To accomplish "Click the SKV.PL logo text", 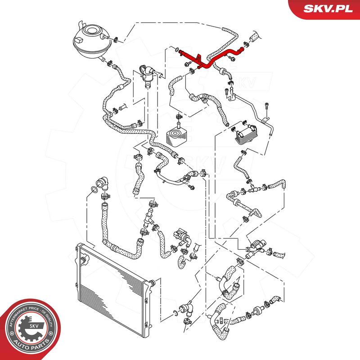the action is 328,9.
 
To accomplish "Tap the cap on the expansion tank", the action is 91,31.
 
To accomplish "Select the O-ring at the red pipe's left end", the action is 177,49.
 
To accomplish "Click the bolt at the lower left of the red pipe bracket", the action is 187,64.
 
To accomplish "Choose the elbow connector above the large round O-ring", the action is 102,183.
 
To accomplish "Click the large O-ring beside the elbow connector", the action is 94,189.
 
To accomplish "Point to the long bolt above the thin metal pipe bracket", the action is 266,109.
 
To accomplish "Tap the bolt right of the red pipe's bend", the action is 232,58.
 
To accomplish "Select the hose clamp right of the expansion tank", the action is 116,39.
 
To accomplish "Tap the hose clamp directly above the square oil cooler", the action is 179,116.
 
